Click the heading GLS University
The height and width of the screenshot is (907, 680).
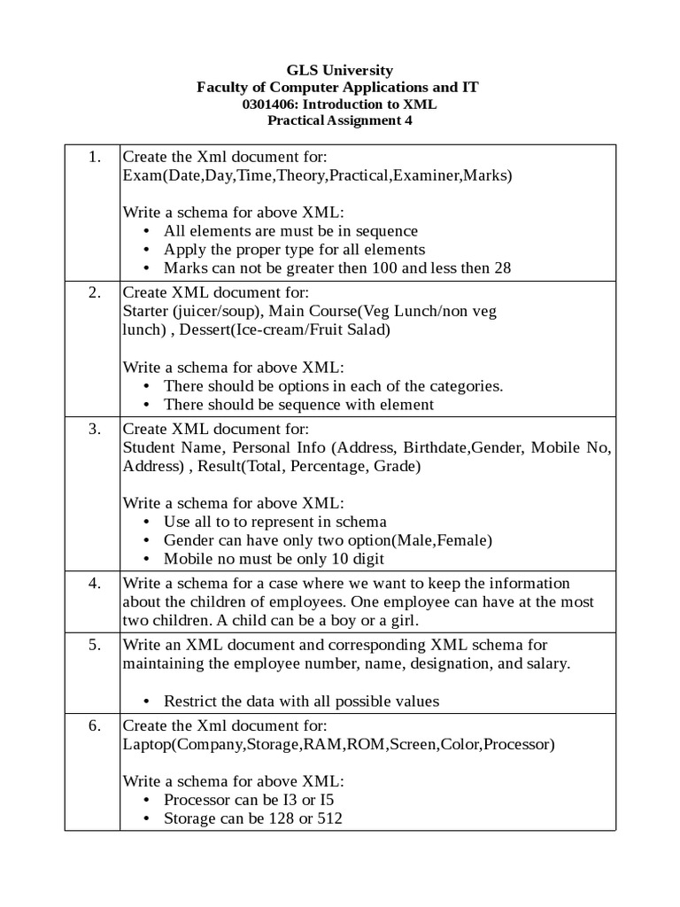(340, 70)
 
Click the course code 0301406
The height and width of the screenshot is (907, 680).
(273, 104)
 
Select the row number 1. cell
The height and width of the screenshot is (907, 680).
(92, 157)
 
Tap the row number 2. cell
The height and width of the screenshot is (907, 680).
(92, 293)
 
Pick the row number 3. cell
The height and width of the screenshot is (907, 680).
(92, 430)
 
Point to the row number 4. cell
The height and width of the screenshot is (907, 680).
(92, 583)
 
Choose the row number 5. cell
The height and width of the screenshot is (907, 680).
(92, 644)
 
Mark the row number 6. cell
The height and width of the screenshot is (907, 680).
(92, 725)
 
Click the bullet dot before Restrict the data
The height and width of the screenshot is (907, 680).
(146, 702)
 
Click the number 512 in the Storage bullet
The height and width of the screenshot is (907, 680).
(329, 818)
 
